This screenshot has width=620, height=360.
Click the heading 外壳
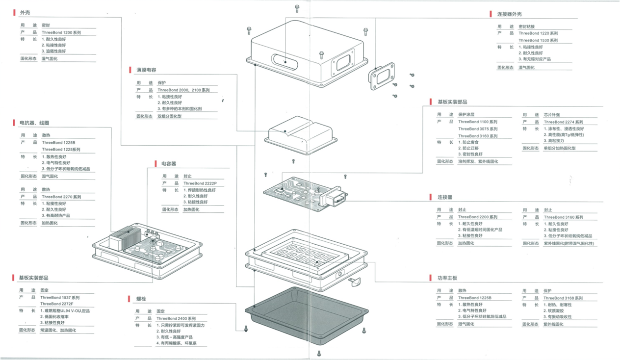click(25, 12)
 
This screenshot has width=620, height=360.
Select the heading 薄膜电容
click(146, 70)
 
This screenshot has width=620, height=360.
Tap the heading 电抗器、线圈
click(34, 122)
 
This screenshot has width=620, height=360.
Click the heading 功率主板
click(447, 278)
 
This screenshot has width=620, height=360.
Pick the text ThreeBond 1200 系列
click(61, 32)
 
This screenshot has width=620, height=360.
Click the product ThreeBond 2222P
click(200, 183)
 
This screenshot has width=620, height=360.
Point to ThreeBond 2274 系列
click(563, 122)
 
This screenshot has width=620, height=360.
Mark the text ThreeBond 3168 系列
click(563, 298)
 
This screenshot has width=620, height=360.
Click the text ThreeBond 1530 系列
click(538, 40)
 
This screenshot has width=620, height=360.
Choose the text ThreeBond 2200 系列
click(477, 217)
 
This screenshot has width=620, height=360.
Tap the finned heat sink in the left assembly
click(120, 239)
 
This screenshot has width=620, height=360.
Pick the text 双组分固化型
click(169, 116)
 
